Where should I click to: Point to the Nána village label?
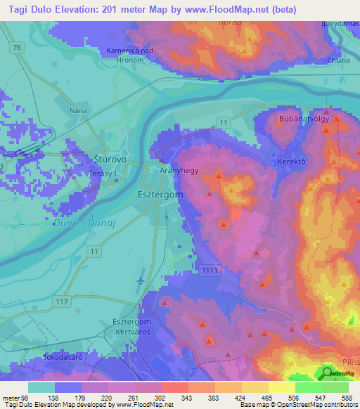tap(78, 110)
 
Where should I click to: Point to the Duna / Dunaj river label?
tap(79, 223)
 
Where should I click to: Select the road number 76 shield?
tap(16, 47)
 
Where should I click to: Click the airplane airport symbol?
tap(141, 279)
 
